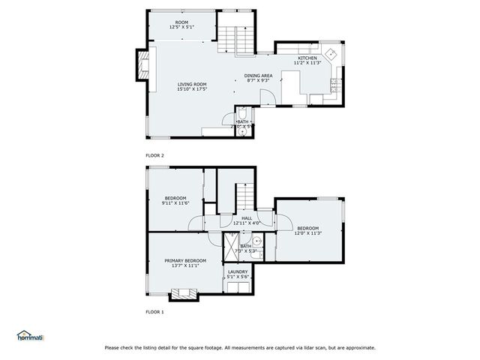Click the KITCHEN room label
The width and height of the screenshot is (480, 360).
(x=307, y=58)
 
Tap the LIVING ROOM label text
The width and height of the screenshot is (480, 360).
(x=192, y=84)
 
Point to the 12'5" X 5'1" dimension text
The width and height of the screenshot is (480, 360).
(x=181, y=27)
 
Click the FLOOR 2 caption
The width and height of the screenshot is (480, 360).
(x=154, y=155)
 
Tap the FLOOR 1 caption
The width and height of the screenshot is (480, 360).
(x=154, y=310)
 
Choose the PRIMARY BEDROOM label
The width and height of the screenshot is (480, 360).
(x=184, y=260)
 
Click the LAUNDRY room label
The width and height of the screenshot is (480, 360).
(x=238, y=271)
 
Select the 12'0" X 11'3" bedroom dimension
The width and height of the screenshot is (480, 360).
(x=307, y=232)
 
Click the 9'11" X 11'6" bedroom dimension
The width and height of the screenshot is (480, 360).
(x=175, y=203)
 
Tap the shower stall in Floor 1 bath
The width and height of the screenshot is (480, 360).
(x=231, y=246)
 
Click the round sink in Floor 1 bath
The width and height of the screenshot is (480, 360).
(x=256, y=241)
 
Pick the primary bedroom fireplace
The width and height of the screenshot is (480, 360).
(x=184, y=293)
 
